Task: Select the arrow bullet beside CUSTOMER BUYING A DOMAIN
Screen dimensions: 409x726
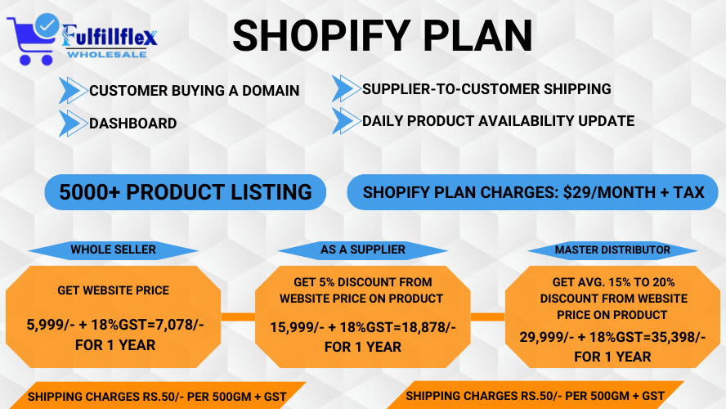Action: pos(73,90)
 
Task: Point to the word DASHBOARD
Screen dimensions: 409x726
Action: pos(132,124)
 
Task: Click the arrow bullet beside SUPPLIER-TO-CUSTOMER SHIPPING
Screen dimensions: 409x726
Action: pos(346,88)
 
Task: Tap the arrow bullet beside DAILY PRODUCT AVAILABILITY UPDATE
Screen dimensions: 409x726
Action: pos(346,121)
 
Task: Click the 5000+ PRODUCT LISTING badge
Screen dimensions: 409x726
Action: pos(186,192)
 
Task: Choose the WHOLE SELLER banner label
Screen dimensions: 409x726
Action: pos(113,249)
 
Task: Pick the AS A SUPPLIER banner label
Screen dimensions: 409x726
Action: pos(363,249)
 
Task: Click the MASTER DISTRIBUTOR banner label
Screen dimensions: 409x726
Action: pos(612,249)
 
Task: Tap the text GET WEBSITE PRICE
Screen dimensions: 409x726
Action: pos(113,290)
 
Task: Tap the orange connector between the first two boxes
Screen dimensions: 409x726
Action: pos(238,316)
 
